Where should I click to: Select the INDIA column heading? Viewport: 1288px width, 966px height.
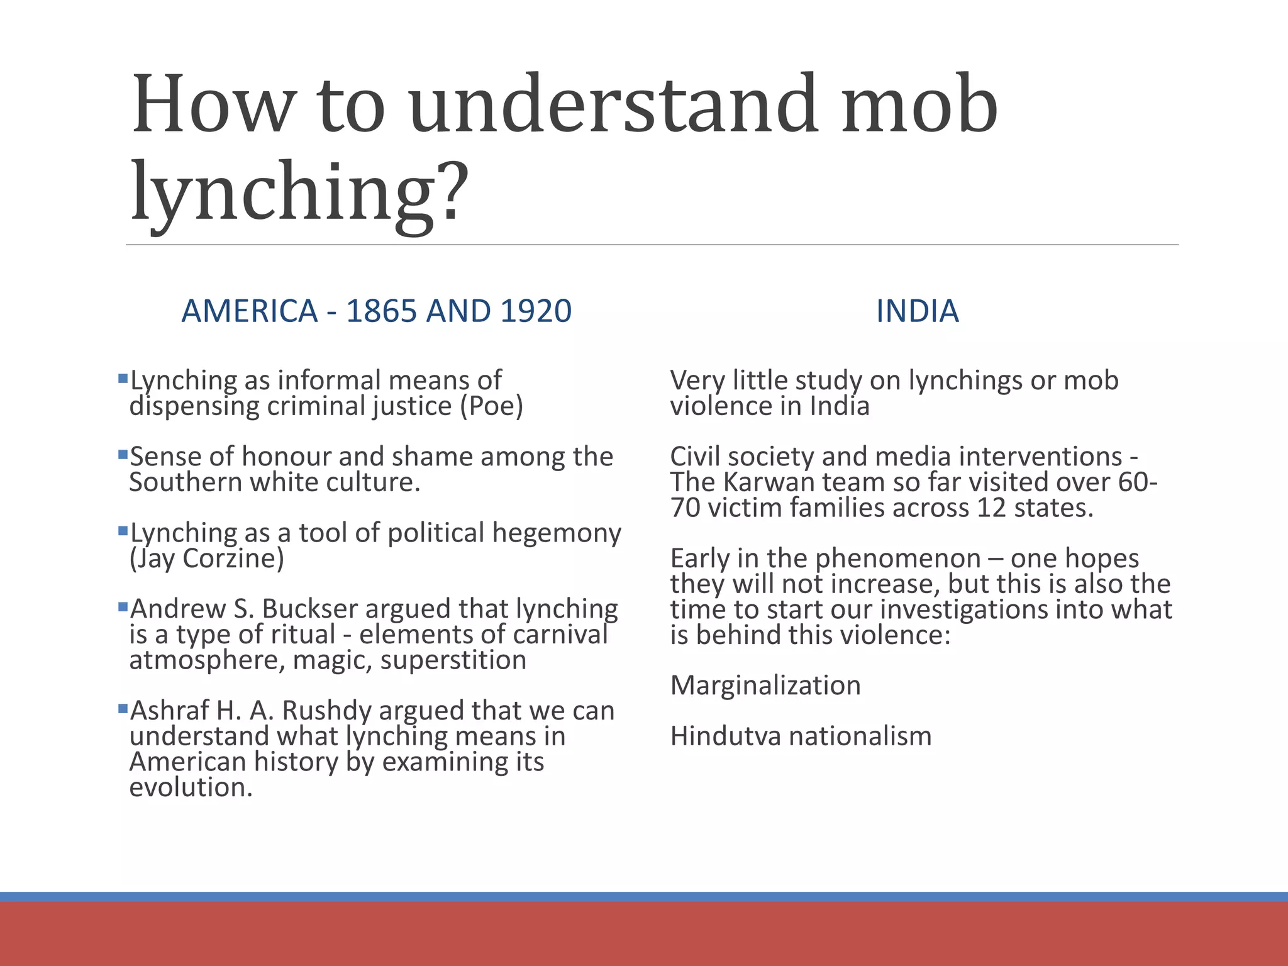click(917, 311)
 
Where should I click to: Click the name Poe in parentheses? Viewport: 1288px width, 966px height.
click(491, 406)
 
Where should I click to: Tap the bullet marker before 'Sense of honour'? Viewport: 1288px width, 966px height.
click(123, 453)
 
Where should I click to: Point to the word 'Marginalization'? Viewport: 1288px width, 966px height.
click(765, 686)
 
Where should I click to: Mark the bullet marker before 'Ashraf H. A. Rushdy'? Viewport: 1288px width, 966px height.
click(123, 708)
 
